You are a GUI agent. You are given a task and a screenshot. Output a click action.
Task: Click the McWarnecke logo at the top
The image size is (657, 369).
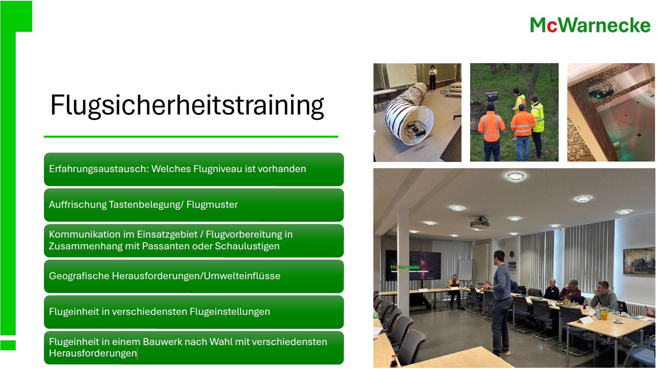pyautogui.click(x=590, y=25)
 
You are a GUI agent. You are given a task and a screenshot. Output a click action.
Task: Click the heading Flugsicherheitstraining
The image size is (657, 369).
pyautogui.click(x=187, y=105)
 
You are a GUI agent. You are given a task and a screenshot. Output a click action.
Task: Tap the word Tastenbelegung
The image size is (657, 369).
pyautogui.click(x=146, y=205)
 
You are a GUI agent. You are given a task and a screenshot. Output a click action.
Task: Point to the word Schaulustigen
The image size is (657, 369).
pyautogui.click(x=247, y=246)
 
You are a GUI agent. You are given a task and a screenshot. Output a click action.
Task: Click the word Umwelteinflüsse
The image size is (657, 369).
pyautogui.click(x=242, y=276)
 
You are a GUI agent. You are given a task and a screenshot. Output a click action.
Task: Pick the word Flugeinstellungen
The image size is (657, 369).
pyautogui.click(x=230, y=311)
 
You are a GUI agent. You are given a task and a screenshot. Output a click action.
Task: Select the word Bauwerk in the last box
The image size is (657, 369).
pyautogui.click(x=162, y=342)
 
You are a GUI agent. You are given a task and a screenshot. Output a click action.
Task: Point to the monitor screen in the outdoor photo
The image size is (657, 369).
pyautogui.click(x=492, y=96)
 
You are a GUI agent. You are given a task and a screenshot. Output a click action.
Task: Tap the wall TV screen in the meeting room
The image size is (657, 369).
pyautogui.click(x=413, y=265)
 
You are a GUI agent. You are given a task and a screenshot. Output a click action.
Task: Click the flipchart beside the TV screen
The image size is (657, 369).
pyautogui.click(x=465, y=270)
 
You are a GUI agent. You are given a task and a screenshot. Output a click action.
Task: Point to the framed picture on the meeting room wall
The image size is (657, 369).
pyautogui.click(x=639, y=261)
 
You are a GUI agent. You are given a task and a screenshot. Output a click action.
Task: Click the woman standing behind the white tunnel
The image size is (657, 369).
pyautogui.click(x=433, y=78)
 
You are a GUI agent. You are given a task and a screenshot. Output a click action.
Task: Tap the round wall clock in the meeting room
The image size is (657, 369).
pyautogui.click(x=512, y=254)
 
